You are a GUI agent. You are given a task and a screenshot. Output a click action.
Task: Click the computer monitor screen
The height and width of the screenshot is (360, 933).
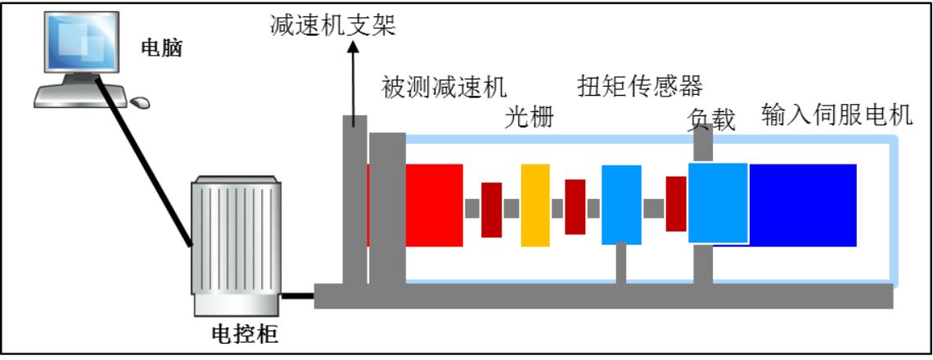tap(81, 41)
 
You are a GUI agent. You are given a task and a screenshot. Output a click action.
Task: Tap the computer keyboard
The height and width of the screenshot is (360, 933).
tap(80, 97)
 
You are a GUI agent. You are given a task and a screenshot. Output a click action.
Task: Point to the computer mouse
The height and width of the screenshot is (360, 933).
tap(140, 102)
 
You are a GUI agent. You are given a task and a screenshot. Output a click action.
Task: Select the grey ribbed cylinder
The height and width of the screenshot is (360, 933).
tap(236, 245)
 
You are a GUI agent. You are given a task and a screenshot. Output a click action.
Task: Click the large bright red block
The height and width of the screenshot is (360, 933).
tap(435, 205)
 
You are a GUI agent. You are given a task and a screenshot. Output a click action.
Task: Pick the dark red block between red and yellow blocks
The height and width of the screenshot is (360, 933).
tap(491, 209)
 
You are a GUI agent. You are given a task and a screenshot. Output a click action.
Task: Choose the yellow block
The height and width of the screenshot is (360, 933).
tap(535, 205)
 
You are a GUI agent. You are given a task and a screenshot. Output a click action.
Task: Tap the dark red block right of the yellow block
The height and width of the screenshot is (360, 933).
tap(575, 207)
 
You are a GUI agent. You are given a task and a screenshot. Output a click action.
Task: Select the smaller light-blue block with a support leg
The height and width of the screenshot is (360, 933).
tap(621, 205)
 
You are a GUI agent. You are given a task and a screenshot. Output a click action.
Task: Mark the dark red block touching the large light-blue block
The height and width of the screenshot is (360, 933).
tap(675, 204)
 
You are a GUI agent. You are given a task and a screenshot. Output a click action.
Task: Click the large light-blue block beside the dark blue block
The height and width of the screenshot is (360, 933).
tap(718, 203)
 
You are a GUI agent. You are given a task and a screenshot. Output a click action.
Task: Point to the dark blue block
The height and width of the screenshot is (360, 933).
tap(803, 205)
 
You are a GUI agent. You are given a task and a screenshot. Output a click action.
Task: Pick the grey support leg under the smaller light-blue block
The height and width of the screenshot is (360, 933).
tap(621, 264)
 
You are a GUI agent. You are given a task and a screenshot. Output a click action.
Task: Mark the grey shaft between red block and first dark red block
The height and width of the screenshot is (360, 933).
tap(472, 208)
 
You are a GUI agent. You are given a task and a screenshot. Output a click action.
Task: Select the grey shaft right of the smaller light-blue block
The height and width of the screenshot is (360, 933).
tap(653, 208)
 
